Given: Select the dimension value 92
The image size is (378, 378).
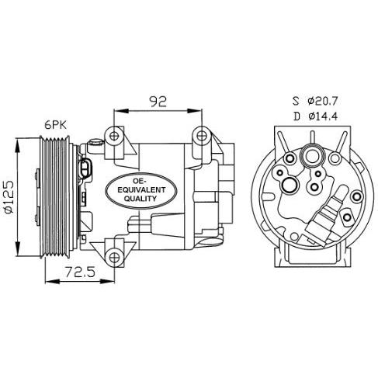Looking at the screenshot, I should pos(158,99).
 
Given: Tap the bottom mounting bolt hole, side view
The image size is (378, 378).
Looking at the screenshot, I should pos(115,256).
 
